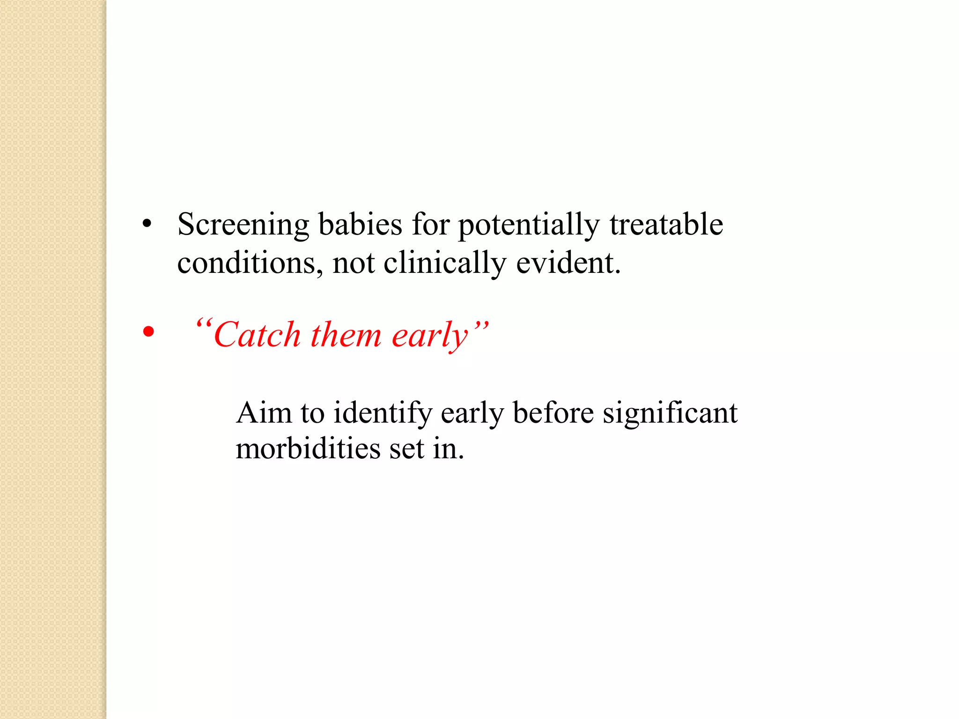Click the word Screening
(243, 225)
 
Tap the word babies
(360, 224)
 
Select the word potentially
(528, 225)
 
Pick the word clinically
(444, 263)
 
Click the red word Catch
(257, 335)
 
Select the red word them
(346, 335)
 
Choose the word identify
(383, 414)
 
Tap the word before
(553, 413)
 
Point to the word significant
(670, 414)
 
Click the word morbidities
(308, 449)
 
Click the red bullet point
(148, 332)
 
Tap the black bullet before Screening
(147, 224)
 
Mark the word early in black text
(472, 414)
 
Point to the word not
(354, 264)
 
